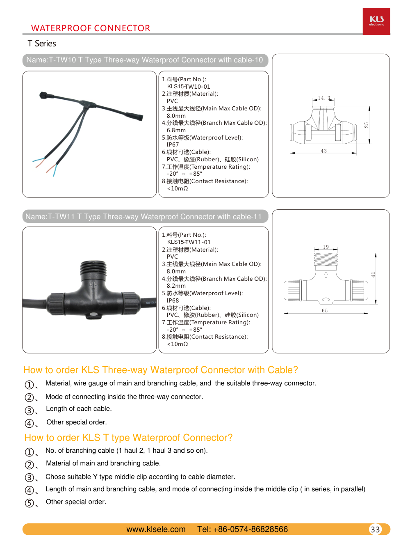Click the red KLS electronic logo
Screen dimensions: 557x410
[376, 21]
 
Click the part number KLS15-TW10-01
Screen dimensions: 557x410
[189, 87]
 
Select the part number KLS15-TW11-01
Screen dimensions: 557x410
[189, 242]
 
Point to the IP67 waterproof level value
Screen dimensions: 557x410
[173, 144]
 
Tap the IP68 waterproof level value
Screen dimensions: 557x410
[173, 300]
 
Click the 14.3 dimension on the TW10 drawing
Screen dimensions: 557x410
[324, 98]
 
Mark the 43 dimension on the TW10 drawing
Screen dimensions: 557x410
[324, 151]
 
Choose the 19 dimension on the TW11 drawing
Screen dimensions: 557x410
[326, 247]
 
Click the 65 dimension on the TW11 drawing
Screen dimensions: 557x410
[325, 311]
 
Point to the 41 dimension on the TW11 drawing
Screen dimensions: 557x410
[373, 275]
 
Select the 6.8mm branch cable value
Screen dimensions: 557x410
[176, 130]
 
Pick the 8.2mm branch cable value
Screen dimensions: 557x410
[176, 286]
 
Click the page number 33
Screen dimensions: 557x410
[375, 529]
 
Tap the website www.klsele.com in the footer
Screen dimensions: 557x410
[156, 529]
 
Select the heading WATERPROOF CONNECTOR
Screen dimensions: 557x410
[91, 28]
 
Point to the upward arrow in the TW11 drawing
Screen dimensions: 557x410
[326, 275]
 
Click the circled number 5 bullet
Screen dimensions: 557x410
[30, 503]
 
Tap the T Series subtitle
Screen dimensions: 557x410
[42, 44]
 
